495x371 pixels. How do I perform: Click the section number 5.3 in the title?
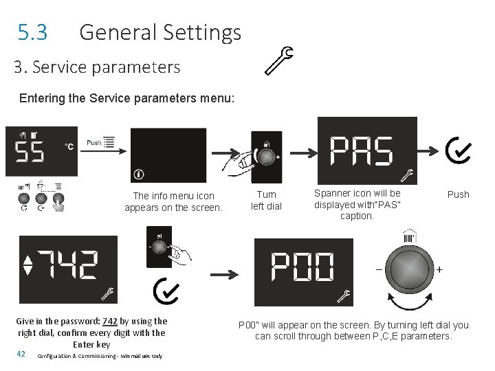[x=32, y=32]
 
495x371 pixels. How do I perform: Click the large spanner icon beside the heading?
[x=279, y=60]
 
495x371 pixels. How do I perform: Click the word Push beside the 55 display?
[x=93, y=143]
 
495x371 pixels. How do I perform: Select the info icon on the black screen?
[x=139, y=175]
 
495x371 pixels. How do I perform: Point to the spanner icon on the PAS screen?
[x=406, y=176]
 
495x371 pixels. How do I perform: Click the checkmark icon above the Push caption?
[x=457, y=150]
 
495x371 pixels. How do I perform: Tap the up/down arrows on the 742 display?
[x=27, y=265]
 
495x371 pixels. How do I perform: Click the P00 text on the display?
[x=302, y=267]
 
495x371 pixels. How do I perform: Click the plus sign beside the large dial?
[x=439, y=269]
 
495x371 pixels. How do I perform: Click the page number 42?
[x=21, y=354]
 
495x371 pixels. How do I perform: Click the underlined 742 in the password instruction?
[x=110, y=321]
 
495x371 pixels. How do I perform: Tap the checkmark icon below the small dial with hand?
[x=166, y=291]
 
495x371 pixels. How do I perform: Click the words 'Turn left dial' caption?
[x=266, y=201]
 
